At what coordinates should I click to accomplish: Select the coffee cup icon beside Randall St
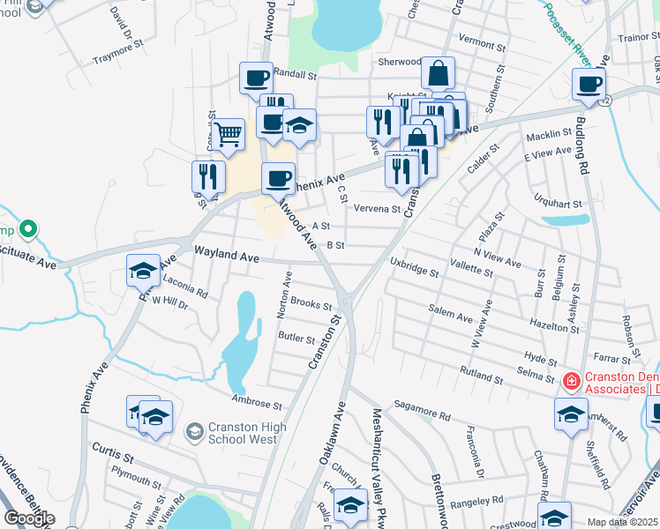tap(256, 78)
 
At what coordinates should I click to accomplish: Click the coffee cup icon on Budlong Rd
tap(589, 86)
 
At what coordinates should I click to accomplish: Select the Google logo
tap(29, 518)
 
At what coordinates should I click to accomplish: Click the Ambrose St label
tap(257, 406)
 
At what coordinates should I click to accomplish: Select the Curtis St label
tap(116, 458)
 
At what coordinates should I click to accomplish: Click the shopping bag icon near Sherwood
tap(438, 74)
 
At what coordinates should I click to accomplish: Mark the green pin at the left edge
tap(28, 230)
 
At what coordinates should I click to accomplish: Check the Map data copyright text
tap(622, 522)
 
